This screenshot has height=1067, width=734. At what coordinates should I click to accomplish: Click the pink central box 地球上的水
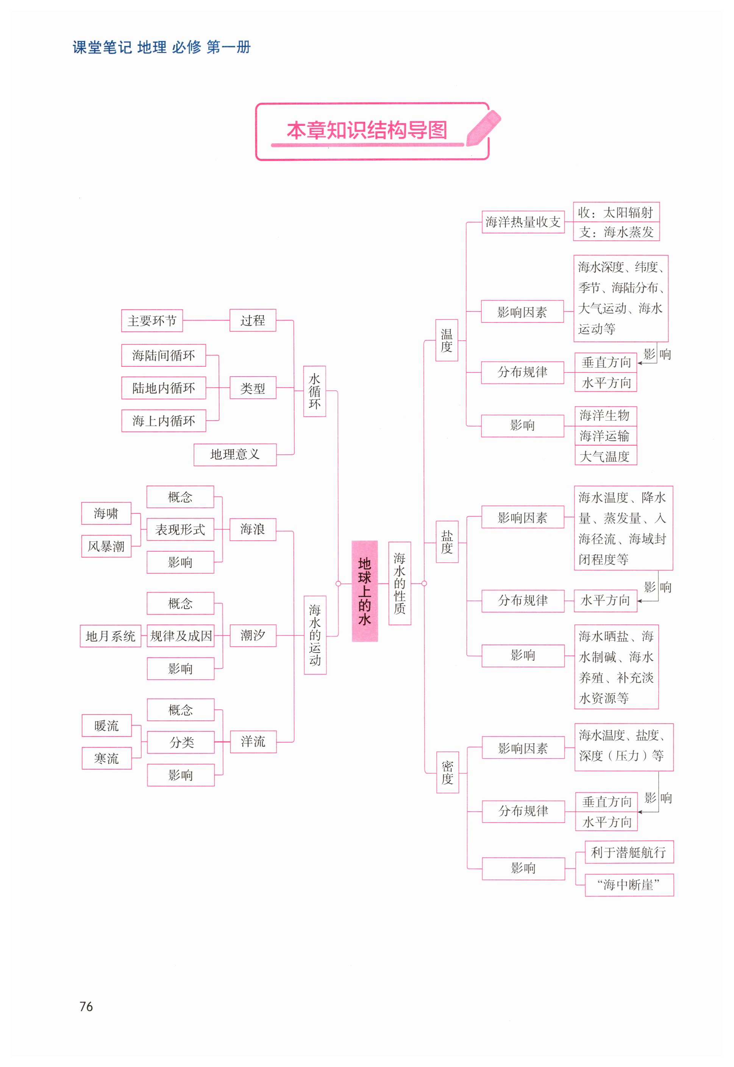pos(364,591)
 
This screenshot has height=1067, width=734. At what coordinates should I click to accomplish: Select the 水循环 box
pos(315,391)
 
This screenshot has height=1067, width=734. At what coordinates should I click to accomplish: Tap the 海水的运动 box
pos(315,635)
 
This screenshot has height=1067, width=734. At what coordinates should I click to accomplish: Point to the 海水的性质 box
pos(400,584)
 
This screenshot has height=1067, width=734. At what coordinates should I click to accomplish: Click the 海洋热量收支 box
pos(523,222)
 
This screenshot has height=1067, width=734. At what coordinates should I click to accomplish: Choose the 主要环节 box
pos(152,321)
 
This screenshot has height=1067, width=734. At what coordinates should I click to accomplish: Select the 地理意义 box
pos(235,455)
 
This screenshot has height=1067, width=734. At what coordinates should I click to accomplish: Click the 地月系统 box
pos(110,636)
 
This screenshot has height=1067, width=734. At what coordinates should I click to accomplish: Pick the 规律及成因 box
pos(181,636)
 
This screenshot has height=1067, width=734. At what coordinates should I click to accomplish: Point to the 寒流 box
pos(107,758)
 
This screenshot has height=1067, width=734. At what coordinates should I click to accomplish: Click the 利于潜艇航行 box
pos(629,852)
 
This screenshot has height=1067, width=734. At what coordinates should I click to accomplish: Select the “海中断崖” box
pos(629,885)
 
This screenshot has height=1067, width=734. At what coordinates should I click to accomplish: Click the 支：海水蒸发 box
pos(616,232)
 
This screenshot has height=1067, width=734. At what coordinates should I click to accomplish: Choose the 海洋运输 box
pos(605,435)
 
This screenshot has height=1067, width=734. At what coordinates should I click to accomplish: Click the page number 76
pos(86,1007)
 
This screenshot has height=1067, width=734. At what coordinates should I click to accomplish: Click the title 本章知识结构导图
pos(367,131)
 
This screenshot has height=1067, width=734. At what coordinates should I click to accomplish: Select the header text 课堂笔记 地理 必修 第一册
pos(161,47)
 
